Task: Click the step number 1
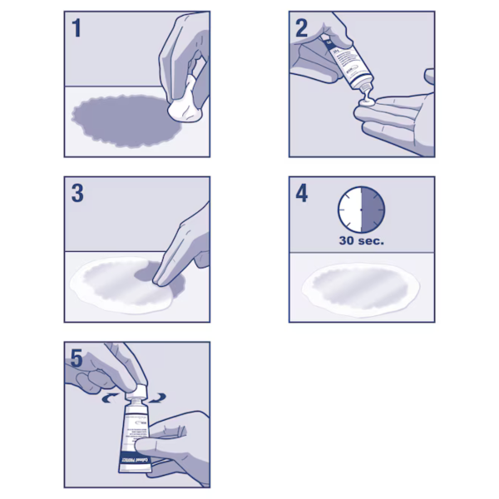pyautogui.click(x=77, y=28)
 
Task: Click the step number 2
pyautogui.click(x=302, y=28)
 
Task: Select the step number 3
pyautogui.click(x=77, y=194)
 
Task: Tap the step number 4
pyautogui.click(x=302, y=194)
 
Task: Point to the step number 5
pyautogui.click(x=77, y=359)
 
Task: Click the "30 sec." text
pyautogui.click(x=360, y=242)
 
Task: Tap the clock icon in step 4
pyautogui.click(x=360, y=210)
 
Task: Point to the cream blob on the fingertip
pyautogui.click(x=364, y=105)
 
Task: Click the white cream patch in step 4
pyautogui.click(x=360, y=287)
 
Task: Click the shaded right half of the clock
pyautogui.click(x=372, y=210)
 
